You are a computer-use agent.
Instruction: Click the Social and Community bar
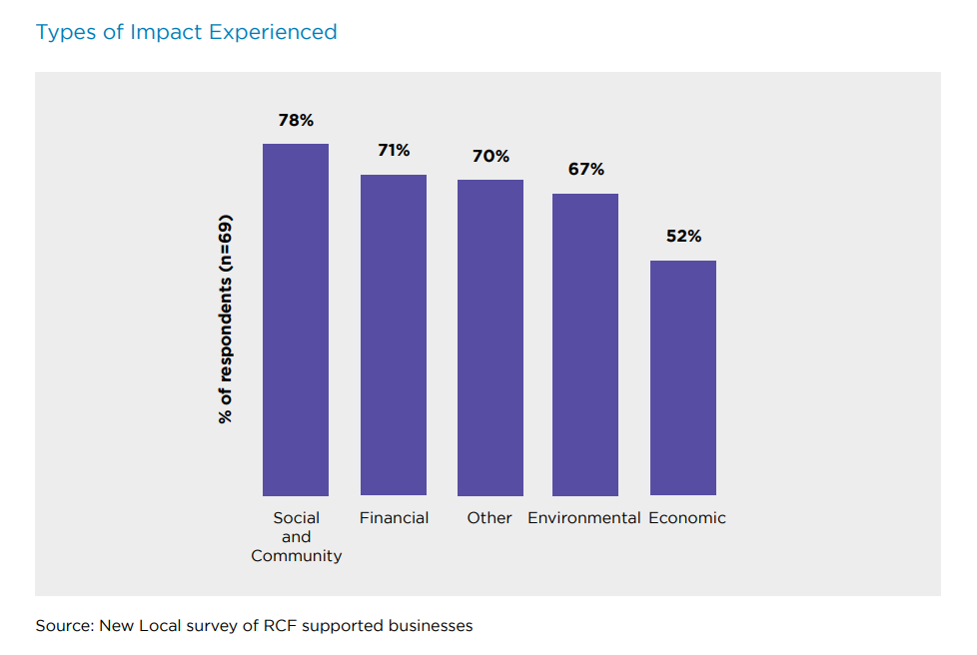click(296, 320)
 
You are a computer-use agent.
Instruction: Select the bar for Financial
click(394, 334)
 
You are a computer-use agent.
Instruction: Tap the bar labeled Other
click(490, 337)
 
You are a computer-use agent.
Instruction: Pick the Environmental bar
click(585, 344)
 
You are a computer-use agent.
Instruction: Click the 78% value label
click(296, 121)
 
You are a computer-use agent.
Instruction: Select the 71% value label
click(394, 151)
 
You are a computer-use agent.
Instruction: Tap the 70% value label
click(490, 157)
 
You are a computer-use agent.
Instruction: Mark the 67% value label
click(586, 170)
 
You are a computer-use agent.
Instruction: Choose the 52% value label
click(683, 237)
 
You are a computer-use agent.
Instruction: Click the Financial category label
click(394, 518)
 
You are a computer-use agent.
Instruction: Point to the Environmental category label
click(584, 518)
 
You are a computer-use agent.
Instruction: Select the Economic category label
click(687, 518)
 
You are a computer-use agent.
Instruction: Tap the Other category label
click(489, 518)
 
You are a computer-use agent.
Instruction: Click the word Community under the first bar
click(296, 556)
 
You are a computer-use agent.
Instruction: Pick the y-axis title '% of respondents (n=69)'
click(225, 319)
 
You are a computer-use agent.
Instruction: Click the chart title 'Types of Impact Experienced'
click(187, 32)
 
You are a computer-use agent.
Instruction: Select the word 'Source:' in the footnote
click(65, 626)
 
